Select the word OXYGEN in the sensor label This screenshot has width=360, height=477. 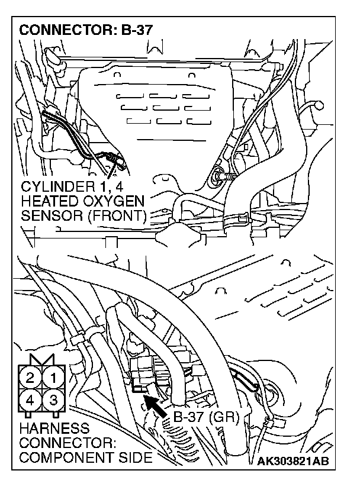click(118, 202)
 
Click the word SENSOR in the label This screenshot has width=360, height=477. click(47, 215)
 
